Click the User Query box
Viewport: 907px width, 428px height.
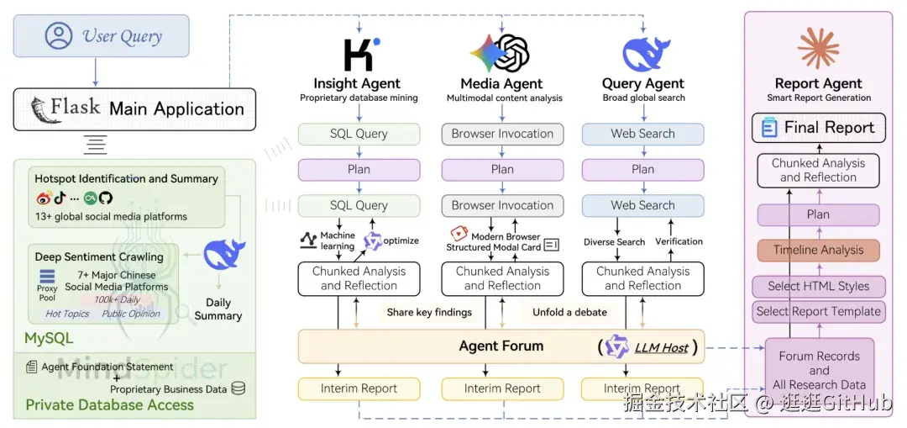coord(101,36)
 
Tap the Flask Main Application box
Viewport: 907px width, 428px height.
coord(134,108)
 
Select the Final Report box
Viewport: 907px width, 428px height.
coord(818,128)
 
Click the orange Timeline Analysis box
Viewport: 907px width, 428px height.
coord(818,250)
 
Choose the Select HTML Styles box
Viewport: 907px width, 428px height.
coord(818,286)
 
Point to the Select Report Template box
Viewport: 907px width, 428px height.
coord(818,311)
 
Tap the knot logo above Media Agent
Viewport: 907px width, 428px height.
coord(501,53)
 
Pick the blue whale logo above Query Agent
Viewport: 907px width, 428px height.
coord(644,53)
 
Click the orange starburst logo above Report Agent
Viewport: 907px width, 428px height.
coord(818,48)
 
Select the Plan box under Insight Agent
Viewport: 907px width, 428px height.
coord(359,169)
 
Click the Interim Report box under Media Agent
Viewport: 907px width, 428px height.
coord(502,388)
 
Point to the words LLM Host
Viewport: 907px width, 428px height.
coord(662,346)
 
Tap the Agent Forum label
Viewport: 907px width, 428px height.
coord(501,346)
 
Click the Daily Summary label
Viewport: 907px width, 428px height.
coord(218,309)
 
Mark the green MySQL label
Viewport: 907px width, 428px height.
coord(49,339)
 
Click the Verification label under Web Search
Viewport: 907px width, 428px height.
coord(679,241)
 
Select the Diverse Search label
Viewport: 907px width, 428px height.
coord(614,242)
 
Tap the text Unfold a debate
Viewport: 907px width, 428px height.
coord(569,312)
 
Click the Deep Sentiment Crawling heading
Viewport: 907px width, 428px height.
coord(99,256)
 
